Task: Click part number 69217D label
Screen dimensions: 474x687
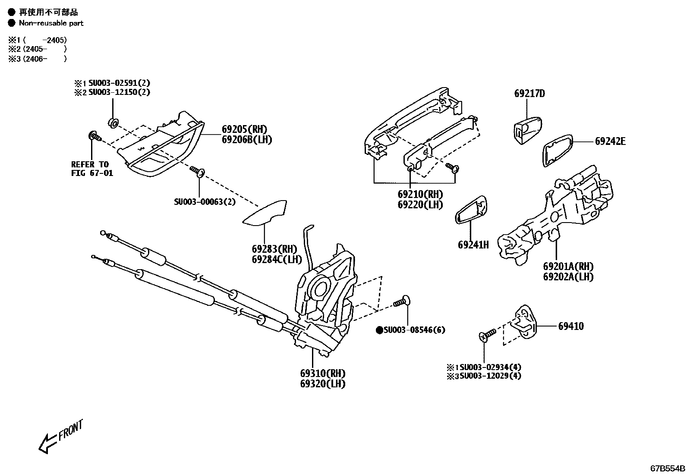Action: click(529, 93)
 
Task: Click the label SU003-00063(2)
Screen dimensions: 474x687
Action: click(205, 201)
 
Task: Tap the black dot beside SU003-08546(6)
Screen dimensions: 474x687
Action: click(379, 330)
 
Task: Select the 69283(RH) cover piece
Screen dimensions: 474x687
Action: click(266, 213)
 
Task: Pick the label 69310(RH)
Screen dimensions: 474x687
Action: click(322, 373)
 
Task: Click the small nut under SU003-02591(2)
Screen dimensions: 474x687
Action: click(113, 123)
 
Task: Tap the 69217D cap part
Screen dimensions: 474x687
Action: click(526, 130)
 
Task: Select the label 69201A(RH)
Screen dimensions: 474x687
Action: click(568, 267)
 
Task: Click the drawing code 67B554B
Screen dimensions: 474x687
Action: click(668, 468)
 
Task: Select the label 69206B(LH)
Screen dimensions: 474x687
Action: click(247, 139)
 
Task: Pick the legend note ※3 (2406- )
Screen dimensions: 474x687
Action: click(38, 59)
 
